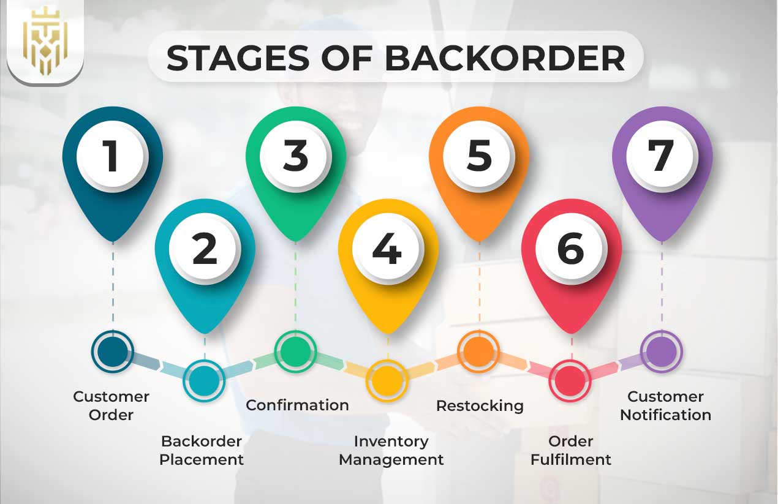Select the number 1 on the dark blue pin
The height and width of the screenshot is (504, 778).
tap(112, 156)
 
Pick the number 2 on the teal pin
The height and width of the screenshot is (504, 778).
tap(205, 249)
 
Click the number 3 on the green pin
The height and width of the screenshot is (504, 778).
tap(295, 156)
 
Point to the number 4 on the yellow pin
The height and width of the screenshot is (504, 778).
tap(387, 249)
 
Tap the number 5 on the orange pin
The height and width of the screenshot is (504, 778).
tap(479, 156)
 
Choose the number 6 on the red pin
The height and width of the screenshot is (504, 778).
tap(571, 249)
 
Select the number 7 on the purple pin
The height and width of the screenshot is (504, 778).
tap(662, 156)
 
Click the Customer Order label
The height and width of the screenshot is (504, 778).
tap(111, 405)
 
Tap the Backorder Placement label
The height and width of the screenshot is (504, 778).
tap(202, 450)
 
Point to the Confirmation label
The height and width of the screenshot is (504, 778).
tap(297, 405)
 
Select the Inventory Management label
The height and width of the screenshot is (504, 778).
tap(391, 450)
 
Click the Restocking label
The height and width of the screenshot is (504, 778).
tap(480, 405)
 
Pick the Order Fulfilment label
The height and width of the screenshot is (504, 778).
tap(571, 450)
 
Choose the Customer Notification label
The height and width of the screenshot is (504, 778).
tap(665, 405)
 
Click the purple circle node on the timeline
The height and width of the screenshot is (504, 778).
tap(662, 352)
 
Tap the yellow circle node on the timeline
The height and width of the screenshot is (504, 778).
tap(387, 380)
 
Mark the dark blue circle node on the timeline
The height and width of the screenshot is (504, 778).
tap(112, 352)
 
